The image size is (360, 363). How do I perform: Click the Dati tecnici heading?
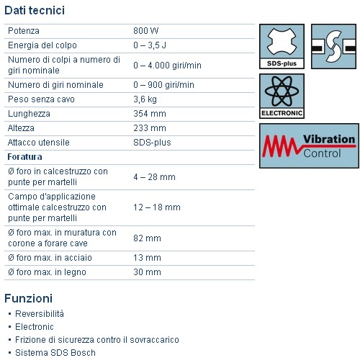(x=35, y=10)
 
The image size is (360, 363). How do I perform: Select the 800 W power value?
(x=146, y=32)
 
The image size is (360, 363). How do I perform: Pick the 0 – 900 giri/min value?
(x=163, y=84)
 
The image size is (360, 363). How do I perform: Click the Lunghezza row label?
(x=28, y=113)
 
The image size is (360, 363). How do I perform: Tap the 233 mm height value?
(x=149, y=127)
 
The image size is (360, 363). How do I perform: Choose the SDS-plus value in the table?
(x=152, y=142)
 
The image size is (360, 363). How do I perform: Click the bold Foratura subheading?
(x=25, y=156)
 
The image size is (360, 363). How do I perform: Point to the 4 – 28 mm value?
(x=154, y=176)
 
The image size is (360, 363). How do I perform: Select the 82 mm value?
(x=147, y=238)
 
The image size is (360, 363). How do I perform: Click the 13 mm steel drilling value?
(x=147, y=257)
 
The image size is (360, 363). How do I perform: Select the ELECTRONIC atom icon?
(x=282, y=96)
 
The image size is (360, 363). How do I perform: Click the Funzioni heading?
(x=28, y=297)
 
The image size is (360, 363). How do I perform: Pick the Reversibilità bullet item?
(x=40, y=313)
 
